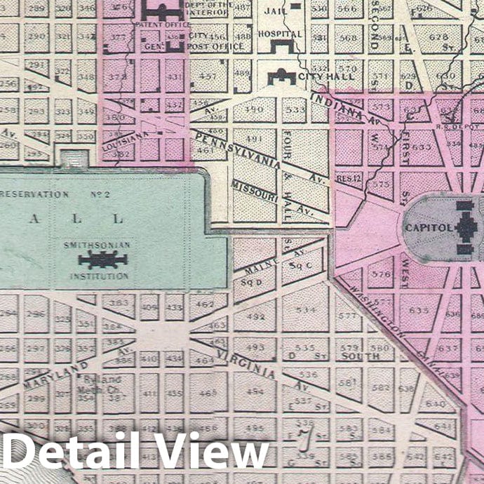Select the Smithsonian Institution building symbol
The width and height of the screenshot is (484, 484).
104,261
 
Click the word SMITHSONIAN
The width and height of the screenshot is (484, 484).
98,246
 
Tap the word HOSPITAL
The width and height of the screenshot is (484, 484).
279,33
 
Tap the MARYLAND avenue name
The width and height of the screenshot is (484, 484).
56,375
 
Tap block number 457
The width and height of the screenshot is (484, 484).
208,75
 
